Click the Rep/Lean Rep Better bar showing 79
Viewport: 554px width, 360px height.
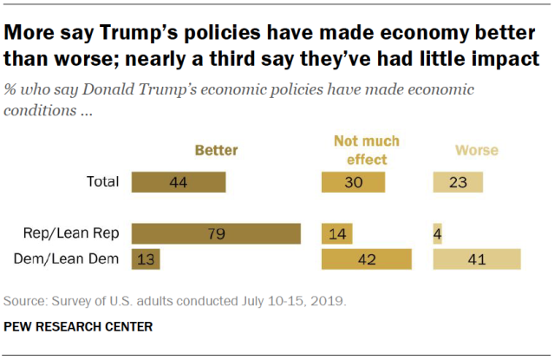point(216,234)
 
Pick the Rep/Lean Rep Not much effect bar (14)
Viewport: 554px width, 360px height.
point(336,234)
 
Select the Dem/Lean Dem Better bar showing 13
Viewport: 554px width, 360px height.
point(146,259)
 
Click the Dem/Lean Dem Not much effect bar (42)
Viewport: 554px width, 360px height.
point(366,259)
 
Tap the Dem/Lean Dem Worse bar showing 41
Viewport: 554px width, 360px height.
point(477,259)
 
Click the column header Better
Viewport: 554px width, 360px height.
point(216,150)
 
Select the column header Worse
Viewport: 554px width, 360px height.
point(477,150)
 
